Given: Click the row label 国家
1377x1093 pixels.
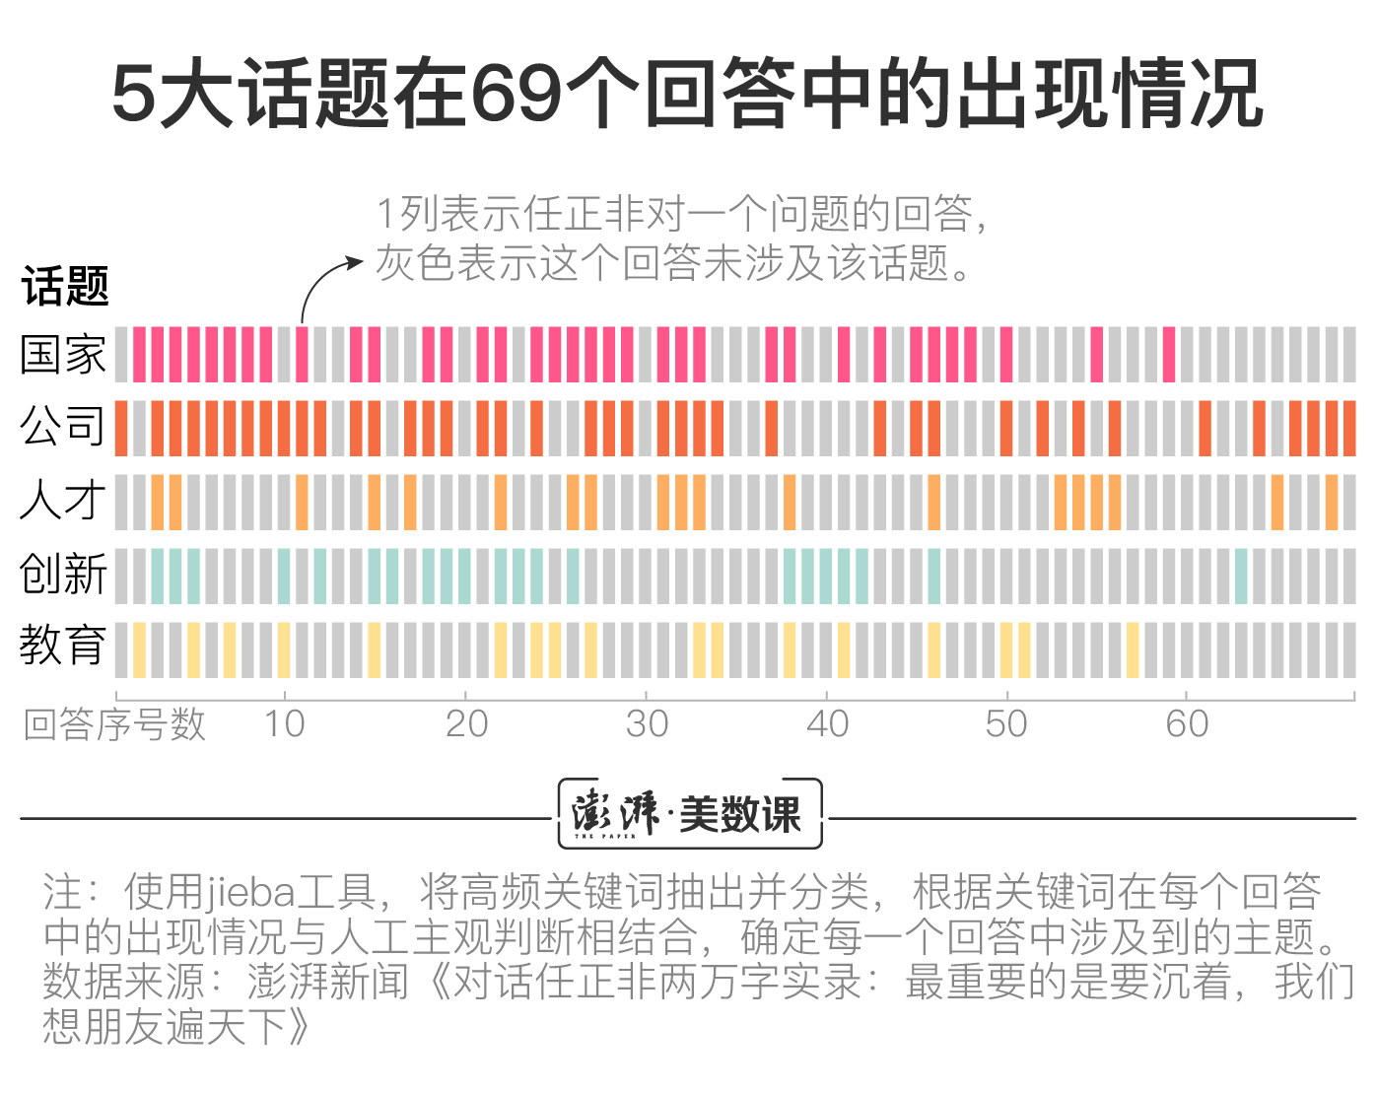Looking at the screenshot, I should [x=62, y=355].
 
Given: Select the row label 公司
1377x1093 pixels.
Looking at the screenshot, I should [x=62, y=427].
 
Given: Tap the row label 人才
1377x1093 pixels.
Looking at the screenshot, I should [x=62, y=500].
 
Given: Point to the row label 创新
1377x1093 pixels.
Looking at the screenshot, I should [x=62, y=574].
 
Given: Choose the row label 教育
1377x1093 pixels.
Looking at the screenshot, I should [x=62, y=646].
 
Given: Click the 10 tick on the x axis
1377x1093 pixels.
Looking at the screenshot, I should [x=284, y=724].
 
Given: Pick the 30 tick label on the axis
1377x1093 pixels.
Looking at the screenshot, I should [x=647, y=724].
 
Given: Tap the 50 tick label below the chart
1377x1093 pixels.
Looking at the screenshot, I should [x=1006, y=724].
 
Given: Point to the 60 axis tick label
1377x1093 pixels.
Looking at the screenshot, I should [x=1187, y=724].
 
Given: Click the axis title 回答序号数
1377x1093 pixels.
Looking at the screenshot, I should [x=114, y=724].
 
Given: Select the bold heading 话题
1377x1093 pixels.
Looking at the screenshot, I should [x=65, y=287].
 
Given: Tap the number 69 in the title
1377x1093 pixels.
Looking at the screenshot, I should [x=516, y=94].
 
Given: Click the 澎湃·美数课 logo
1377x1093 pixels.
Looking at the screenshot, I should [x=689, y=814].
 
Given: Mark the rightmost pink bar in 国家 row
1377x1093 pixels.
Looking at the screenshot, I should [x=1169, y=355].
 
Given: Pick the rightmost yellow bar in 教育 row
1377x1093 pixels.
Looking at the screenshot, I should [x=1133, y=649].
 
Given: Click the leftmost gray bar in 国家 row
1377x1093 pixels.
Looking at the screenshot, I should [x=121, y=355].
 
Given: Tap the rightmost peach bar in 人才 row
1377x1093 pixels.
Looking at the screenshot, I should [x=1332, y=503].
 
